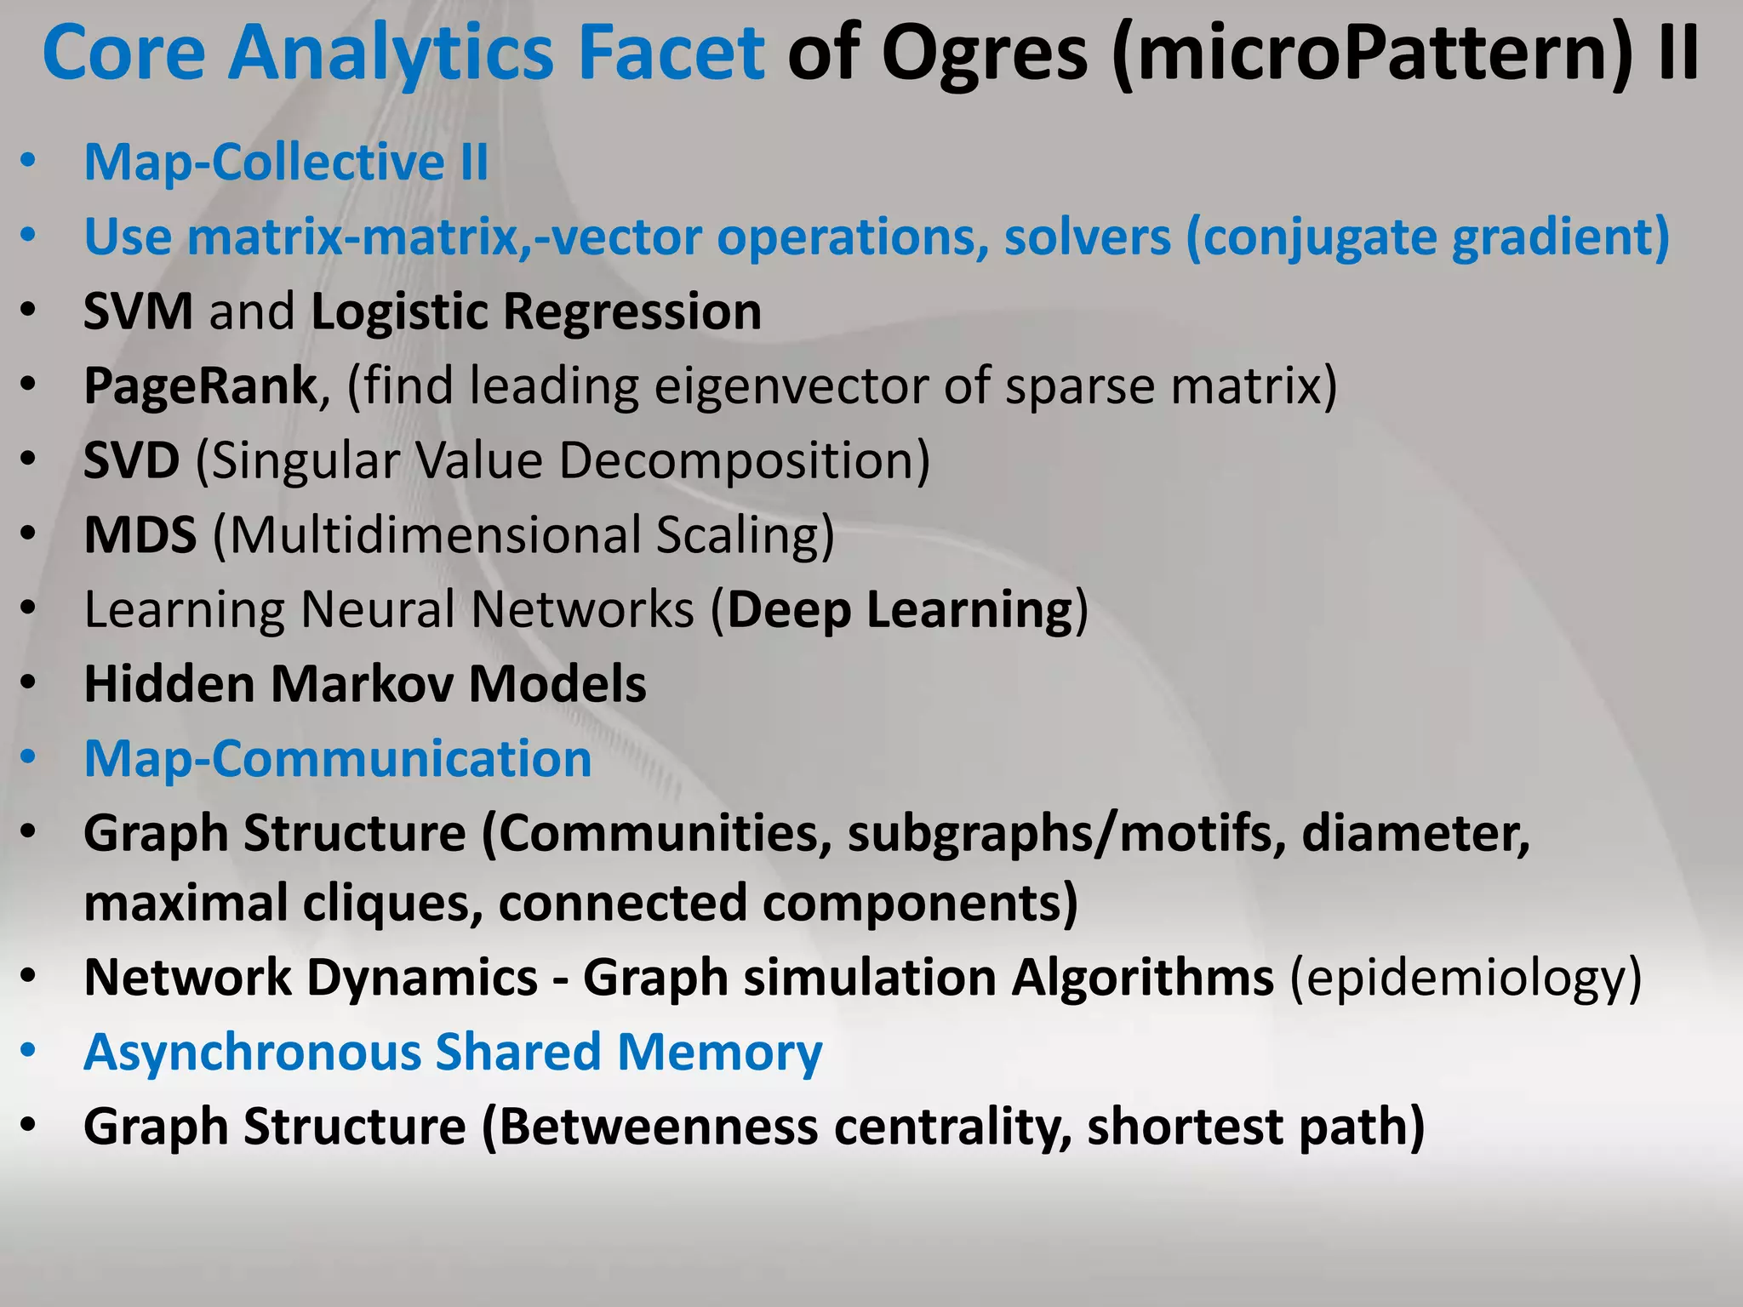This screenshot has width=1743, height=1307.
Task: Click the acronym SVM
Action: coord(138,311)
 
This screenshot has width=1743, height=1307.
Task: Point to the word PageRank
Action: coord(201,386)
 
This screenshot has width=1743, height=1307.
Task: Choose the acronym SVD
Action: coord(131,460)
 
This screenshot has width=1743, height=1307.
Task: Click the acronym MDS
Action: coord(140,535)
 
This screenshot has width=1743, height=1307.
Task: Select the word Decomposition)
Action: coord(744,460)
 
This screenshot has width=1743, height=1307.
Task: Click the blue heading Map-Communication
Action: coord(337,758)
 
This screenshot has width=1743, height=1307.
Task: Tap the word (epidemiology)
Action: coord(1466,977)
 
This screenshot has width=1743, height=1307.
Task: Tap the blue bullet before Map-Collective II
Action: coord(28,162)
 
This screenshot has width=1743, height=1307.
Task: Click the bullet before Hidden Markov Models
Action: coord(28,683)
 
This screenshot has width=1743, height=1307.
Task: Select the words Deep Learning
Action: coord(900,610)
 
